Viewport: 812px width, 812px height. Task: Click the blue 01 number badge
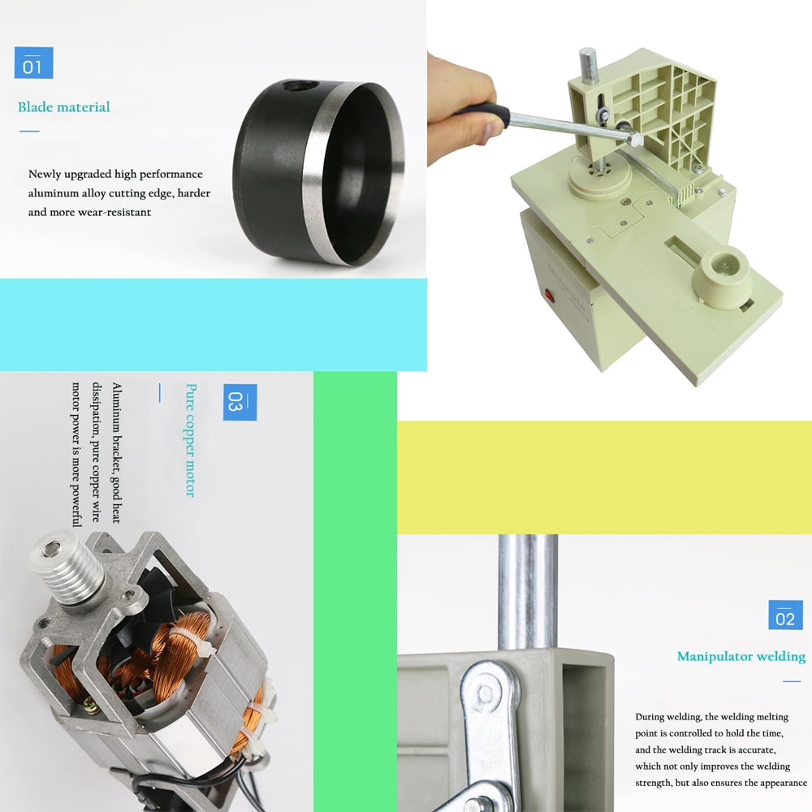click(33, 63)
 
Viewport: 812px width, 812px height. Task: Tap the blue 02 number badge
click(785, 615)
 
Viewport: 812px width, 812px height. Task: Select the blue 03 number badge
click(240, 402)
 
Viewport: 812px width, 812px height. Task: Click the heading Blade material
click(63, 107)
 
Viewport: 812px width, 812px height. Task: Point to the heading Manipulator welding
click(741, 657)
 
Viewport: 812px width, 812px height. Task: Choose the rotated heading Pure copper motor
click(191, 440)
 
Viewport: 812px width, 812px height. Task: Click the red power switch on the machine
click(549, 296)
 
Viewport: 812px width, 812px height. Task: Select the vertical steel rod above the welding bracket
click(528, 591)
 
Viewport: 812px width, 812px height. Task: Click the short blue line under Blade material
click(29, 131)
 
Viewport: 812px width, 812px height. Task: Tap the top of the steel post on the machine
click(588, 53)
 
